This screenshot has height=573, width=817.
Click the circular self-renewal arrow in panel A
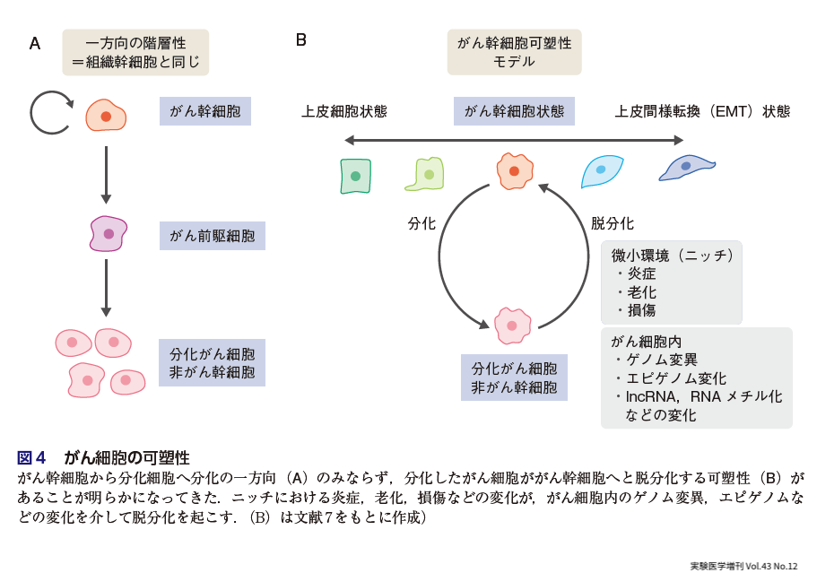50,112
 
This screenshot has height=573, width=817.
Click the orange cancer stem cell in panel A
106,116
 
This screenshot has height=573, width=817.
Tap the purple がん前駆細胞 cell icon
109,234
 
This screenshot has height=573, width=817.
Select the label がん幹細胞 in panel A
204,112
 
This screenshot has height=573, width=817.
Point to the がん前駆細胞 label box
212,237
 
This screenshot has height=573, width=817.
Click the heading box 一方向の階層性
135,52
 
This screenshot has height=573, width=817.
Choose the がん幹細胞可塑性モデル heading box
514,52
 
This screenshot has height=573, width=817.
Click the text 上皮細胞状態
343,112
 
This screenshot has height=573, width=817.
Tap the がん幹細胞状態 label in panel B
514,112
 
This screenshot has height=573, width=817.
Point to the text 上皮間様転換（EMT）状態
702,112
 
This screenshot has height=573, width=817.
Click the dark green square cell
355,175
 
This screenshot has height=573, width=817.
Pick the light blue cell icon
602,170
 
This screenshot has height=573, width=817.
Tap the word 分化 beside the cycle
421,223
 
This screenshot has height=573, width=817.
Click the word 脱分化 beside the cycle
612,223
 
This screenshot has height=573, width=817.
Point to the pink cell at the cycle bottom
513,326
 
